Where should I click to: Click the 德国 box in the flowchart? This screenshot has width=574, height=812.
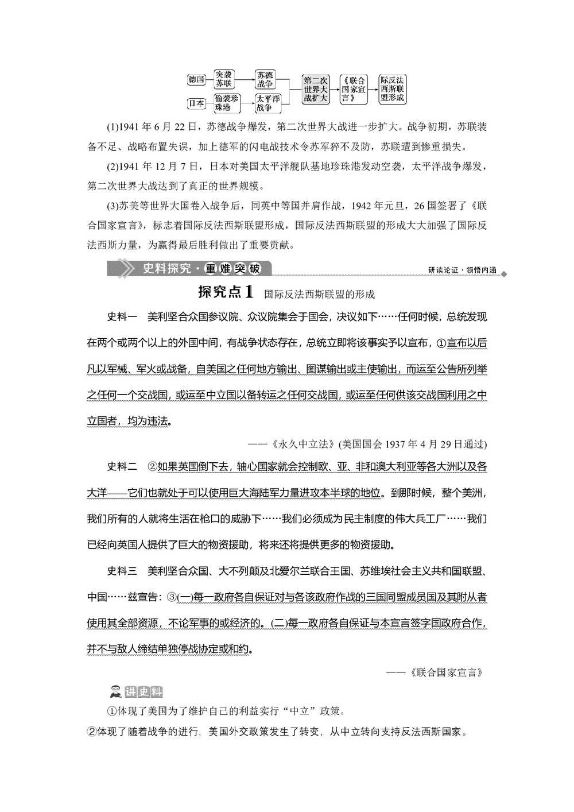click(196, 80)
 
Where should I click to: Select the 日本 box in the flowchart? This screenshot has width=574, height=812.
click(196, 103)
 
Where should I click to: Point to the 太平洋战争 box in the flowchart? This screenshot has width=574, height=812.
click(267, 103)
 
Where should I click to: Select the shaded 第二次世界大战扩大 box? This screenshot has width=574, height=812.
click(316, 90)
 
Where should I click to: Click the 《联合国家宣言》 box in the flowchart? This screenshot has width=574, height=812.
click(353, 90)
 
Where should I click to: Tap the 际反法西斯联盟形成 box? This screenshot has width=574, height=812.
click(393, 90)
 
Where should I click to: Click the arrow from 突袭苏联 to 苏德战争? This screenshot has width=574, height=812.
click(246, 75)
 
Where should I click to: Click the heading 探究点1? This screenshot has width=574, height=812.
click(225, 292)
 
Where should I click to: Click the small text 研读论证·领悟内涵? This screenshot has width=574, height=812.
click(462, 270)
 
